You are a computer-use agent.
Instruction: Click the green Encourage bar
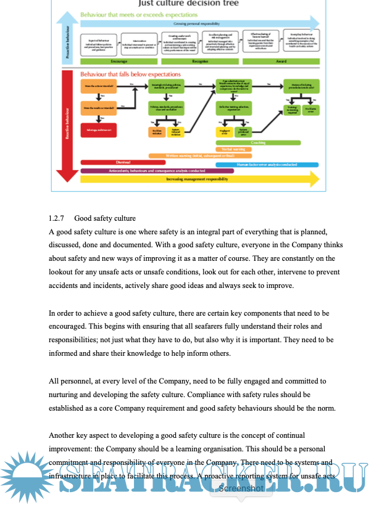(x=119, y=62)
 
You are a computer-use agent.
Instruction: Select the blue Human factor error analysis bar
(x=267, y=165)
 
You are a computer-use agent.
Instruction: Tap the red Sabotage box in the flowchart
(x=97, y=131)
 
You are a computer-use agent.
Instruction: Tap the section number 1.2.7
(x=57, y=218)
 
